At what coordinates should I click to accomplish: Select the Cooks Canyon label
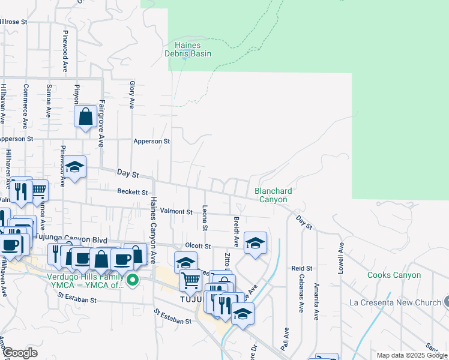coord(394,275)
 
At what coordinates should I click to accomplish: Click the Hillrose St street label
coord(13,21)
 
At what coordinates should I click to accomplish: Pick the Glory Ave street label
coord(132,94)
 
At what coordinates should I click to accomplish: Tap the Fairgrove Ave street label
coord(101,124)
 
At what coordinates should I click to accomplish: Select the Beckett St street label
coord(132,192)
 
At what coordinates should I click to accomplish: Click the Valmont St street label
coord(176,212)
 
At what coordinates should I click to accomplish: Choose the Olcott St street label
coord(198,246)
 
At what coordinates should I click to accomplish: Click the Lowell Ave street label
coord(341,257)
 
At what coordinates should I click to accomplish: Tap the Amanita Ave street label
coord(316,296)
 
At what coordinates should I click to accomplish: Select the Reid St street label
coord(302,268)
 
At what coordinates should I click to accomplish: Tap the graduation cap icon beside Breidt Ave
coord(256,242)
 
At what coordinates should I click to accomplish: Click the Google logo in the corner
coord(20,353)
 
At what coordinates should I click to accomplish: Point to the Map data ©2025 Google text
coord(411,355)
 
